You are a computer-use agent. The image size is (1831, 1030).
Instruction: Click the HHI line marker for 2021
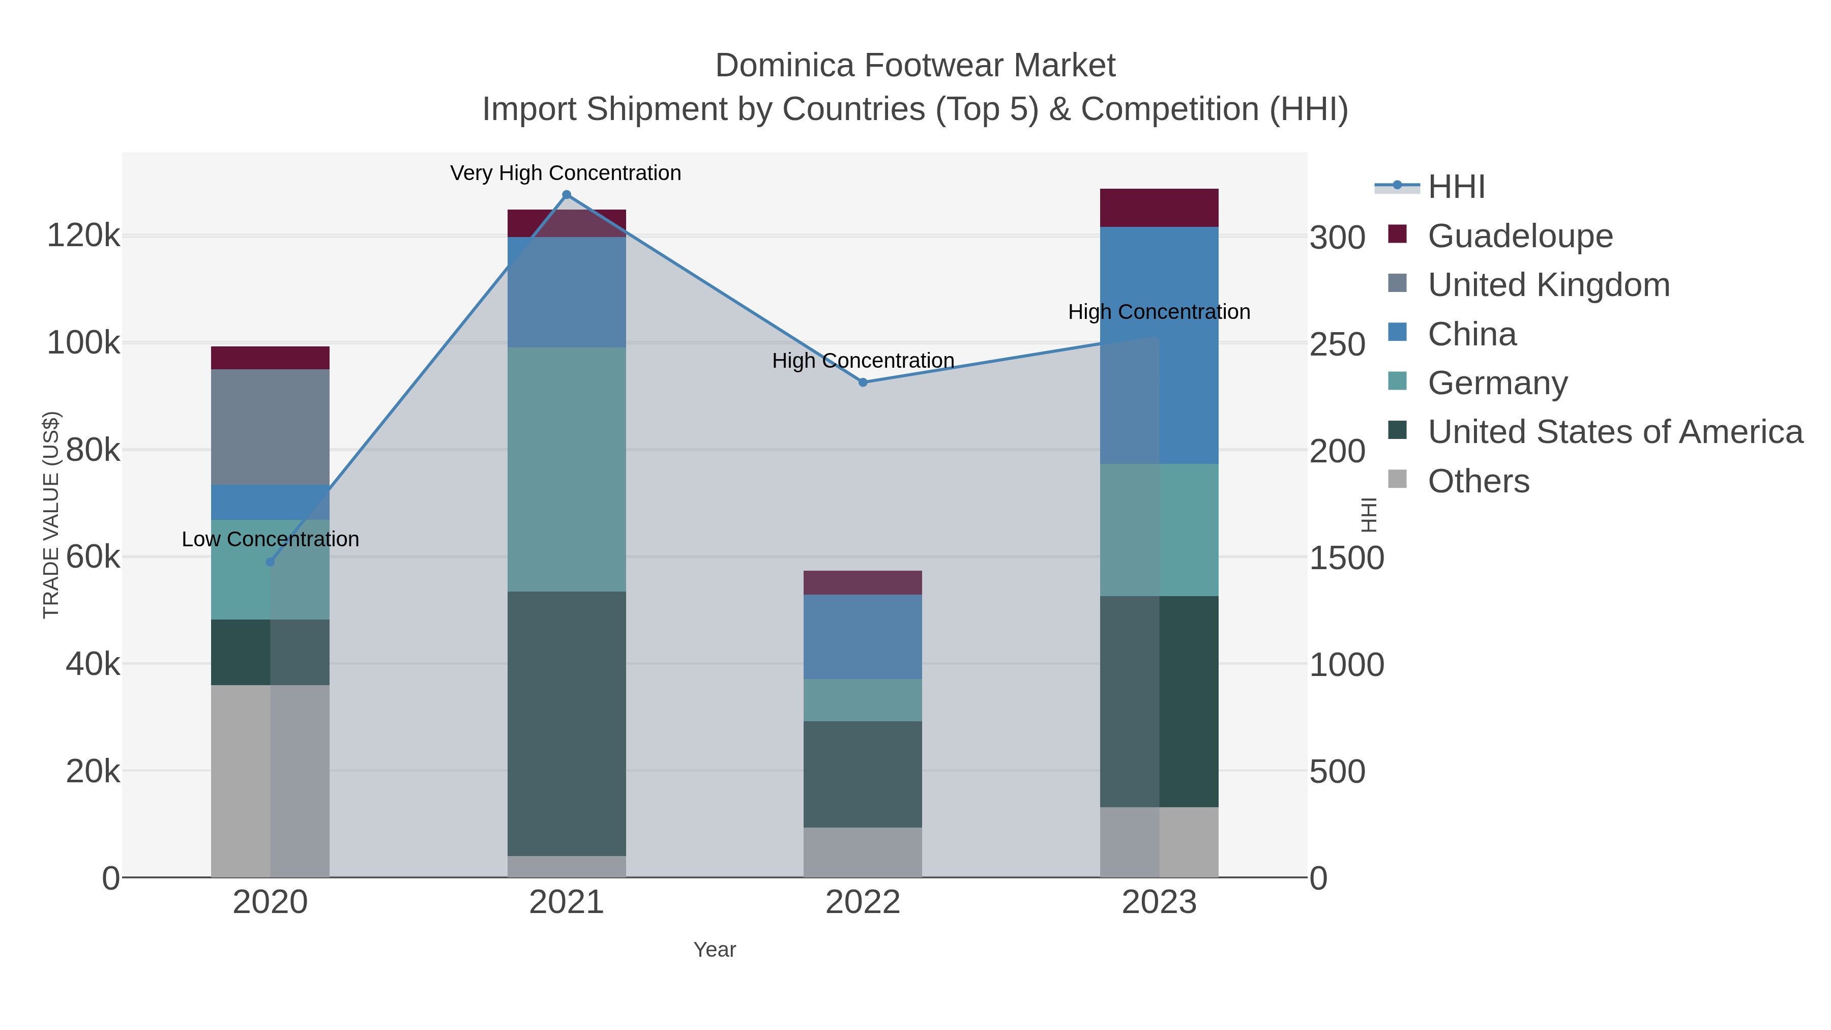coord(567,195)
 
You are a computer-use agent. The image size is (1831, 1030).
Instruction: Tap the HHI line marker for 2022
coord(863,382)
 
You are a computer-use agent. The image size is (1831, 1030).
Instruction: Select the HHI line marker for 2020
coord(270,562)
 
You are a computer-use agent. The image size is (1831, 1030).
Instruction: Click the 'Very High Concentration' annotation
coord(566,173)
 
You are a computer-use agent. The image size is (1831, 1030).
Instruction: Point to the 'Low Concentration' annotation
coord(270,540)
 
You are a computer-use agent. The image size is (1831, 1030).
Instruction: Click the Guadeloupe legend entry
coord(1520,236)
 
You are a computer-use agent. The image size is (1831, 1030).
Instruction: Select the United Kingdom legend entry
coord(1548,285)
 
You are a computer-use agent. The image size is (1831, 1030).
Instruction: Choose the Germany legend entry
coord(1497,383)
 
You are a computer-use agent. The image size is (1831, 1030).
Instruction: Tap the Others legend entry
coord(1479,481)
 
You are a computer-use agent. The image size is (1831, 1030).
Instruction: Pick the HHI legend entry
coord(1456,187)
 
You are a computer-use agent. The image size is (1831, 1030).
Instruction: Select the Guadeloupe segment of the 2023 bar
coord(1159,208)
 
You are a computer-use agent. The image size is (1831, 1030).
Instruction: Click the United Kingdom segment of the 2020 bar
coord(270,427)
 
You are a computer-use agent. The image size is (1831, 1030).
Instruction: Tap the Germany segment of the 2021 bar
coord(567,469)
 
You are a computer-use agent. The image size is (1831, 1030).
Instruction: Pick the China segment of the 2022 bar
coord(863,636)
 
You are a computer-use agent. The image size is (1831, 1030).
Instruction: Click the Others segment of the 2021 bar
coord(567,867)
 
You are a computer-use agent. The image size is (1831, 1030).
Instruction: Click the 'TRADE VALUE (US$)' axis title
coord(51,515)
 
